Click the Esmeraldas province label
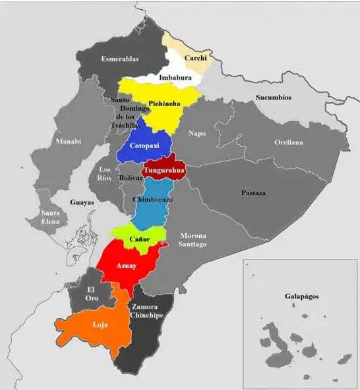[120, 59]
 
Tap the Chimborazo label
[152, 199]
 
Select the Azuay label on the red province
[127, 265]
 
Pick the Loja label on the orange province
[100, 325]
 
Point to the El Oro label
[92, 294]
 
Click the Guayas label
[82, 203]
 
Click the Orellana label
[289, 142]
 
